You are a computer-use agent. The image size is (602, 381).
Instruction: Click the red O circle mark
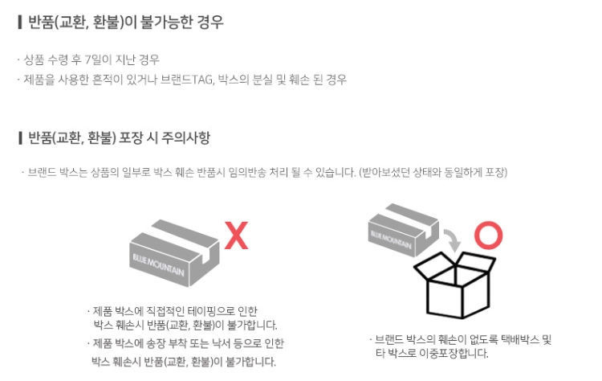487,235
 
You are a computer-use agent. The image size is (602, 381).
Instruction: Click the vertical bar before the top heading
19,22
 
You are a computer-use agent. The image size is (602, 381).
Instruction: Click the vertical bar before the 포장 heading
19,137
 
